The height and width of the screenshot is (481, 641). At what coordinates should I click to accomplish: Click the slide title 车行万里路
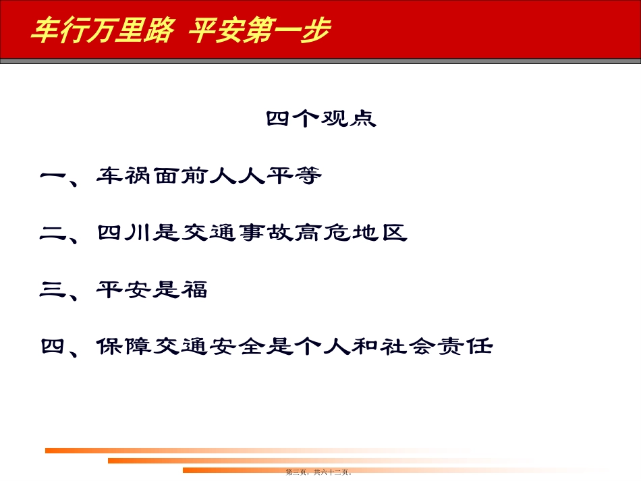(102, 30)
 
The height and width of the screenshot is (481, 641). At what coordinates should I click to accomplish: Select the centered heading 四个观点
(320, 119)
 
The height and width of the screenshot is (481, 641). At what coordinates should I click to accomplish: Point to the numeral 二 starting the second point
(52, 234)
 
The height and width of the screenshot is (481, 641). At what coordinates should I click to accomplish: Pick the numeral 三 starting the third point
(52, 291)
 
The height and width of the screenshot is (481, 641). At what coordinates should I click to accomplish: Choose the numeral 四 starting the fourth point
(52, 347)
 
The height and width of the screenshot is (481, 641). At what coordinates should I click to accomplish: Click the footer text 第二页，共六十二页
(319, 473)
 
